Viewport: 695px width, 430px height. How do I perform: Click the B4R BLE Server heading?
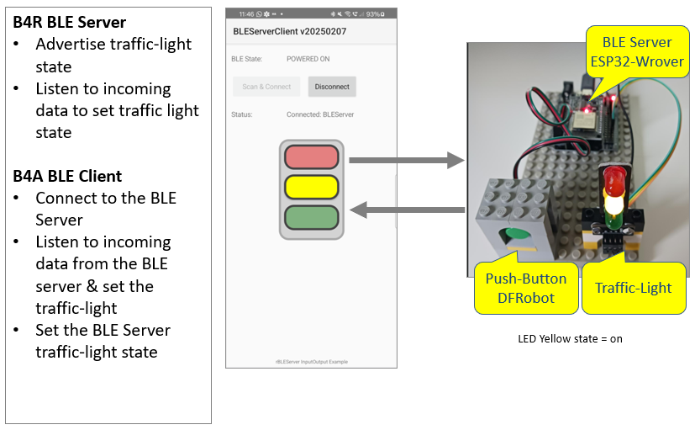click(x=69, y=22)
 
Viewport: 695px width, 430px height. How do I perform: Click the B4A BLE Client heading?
click(x=67, y=176)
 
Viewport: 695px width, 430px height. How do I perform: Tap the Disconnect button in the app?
click(x=333, y=87)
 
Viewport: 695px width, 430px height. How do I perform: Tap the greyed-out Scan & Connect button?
click(x=266, y=87)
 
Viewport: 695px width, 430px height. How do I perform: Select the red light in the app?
click(x=311, y=157)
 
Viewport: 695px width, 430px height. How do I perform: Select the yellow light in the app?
click(x=311, y=187)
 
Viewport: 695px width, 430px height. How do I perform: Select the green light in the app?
click(x=311, y=217)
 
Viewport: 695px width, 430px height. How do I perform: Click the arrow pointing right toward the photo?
click(x=407, y=159)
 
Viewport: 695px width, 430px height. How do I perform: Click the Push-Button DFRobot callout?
click(x=526, y=288)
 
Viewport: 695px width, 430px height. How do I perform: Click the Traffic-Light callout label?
click(x=633, y=288)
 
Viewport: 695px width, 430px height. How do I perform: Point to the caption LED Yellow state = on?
click(x=570, y=339)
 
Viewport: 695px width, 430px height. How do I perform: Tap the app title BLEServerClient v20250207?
click(x=289, y=31)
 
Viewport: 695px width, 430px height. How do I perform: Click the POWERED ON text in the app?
click(x=308, y=59)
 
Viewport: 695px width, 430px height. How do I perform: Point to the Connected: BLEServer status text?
click(x=320, y=114)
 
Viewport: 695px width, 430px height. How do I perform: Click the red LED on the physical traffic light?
click(x=613, y=178)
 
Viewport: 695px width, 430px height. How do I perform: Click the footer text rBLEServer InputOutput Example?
click(x=311, y=362)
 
